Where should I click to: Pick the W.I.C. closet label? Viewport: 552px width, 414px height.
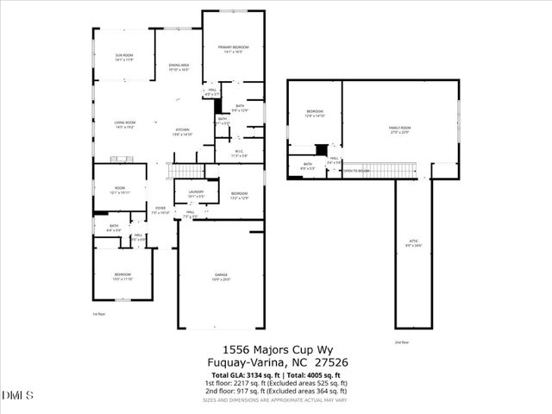point(240,154)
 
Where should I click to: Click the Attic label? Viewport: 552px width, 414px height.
point(413,244)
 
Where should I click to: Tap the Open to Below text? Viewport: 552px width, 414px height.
point(357,171)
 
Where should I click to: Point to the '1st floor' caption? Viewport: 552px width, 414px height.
point(99,314)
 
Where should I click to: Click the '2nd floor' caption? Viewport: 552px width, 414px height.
point(401,343)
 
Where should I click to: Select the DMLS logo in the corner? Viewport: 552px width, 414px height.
point(17,395)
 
